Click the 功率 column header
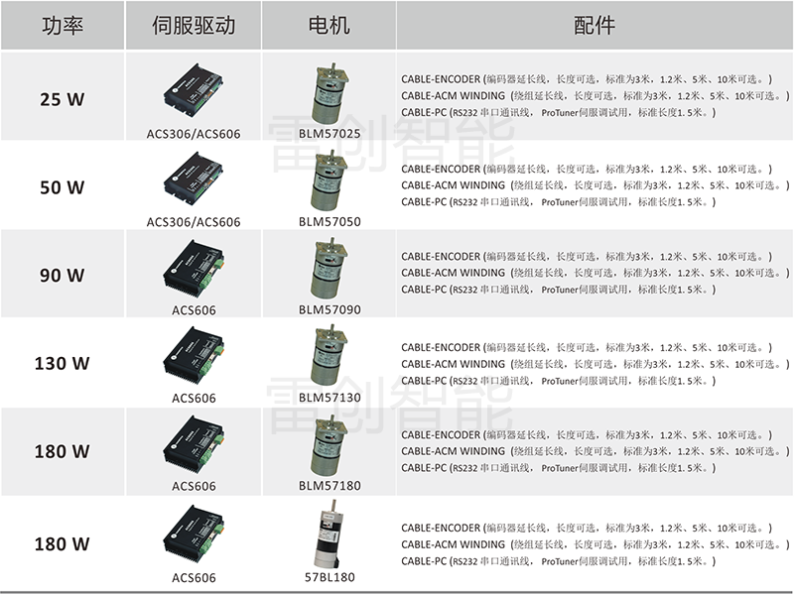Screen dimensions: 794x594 coord(63,26)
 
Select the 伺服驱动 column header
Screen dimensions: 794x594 coord(194,26)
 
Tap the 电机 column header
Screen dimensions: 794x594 coord(330,26)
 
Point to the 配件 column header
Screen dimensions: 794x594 coord(595,26)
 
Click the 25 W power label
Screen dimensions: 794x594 coord(63,99)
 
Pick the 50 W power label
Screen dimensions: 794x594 coord(63,187)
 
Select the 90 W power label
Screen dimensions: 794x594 coord(63,276)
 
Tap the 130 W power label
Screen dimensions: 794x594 coord(63,363)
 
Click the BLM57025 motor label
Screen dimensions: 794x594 coord(330,134)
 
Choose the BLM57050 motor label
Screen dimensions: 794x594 coord(330,221)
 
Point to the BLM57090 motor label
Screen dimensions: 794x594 coord(330,309)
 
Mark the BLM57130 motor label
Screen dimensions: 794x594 coord(330,398)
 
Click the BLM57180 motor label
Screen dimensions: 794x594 coord(330,486)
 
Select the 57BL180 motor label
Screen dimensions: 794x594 coord(330,577)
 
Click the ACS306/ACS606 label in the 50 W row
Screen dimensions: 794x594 coord(194,221)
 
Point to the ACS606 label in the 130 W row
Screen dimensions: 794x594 coord(194,399)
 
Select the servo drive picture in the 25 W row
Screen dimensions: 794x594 coord(193,89)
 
